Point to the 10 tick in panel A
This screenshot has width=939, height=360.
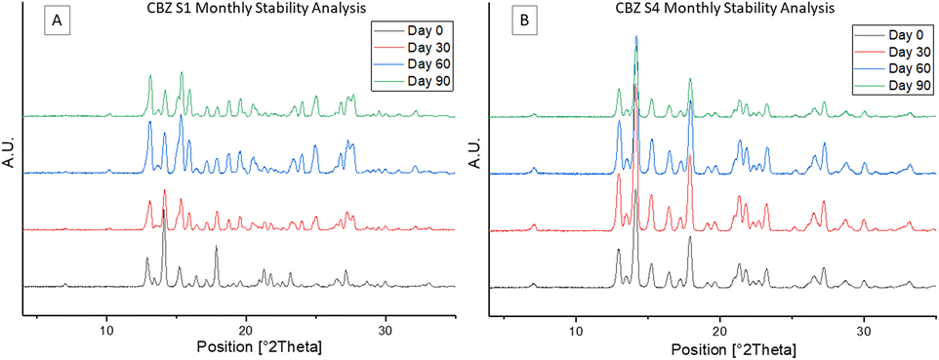106,330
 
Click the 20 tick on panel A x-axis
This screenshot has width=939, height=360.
246,330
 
